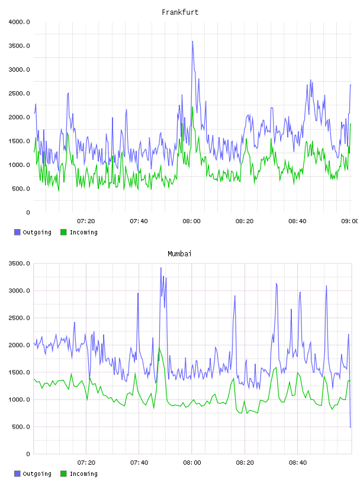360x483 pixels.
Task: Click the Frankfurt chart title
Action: tap(180, 12)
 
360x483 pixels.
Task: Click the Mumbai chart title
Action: tap(179, 254)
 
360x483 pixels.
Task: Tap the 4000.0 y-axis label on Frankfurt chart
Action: tap(19, 22)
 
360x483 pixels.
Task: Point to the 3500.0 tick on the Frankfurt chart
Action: tap(19, 46)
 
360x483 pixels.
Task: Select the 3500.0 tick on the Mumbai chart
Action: tap(19, 263)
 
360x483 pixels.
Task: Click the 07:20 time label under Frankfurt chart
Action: tap(86, 221)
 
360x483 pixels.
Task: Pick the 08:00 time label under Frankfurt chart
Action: tap(191, 221)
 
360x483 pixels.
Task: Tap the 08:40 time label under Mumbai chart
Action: tap(298, 463)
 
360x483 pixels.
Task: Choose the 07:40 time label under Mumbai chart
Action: tap(139, 463)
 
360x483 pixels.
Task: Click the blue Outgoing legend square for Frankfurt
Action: tap(17, 232)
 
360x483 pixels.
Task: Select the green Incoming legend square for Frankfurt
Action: tap(63, 232)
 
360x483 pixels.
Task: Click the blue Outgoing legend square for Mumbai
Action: tap(17, 474)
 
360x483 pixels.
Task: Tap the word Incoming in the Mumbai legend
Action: tap(83, 474)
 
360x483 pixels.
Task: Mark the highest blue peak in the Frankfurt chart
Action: tap(192, 41)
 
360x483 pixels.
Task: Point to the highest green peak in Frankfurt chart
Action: tap(192, 107)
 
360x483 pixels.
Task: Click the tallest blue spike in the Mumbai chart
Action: tap(161, 268)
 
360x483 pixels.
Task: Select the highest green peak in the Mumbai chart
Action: tap(159, 347)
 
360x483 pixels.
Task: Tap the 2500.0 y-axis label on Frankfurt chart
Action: tap(19, 94)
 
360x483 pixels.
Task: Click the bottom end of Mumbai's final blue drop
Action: tap(351, 427)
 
